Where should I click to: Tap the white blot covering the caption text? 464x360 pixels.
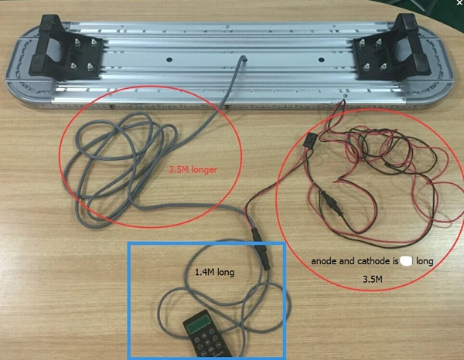tap(405, 262)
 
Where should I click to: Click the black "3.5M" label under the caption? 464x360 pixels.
tap(374, 279)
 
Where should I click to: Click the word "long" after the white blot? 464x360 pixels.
tap(425, 262)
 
